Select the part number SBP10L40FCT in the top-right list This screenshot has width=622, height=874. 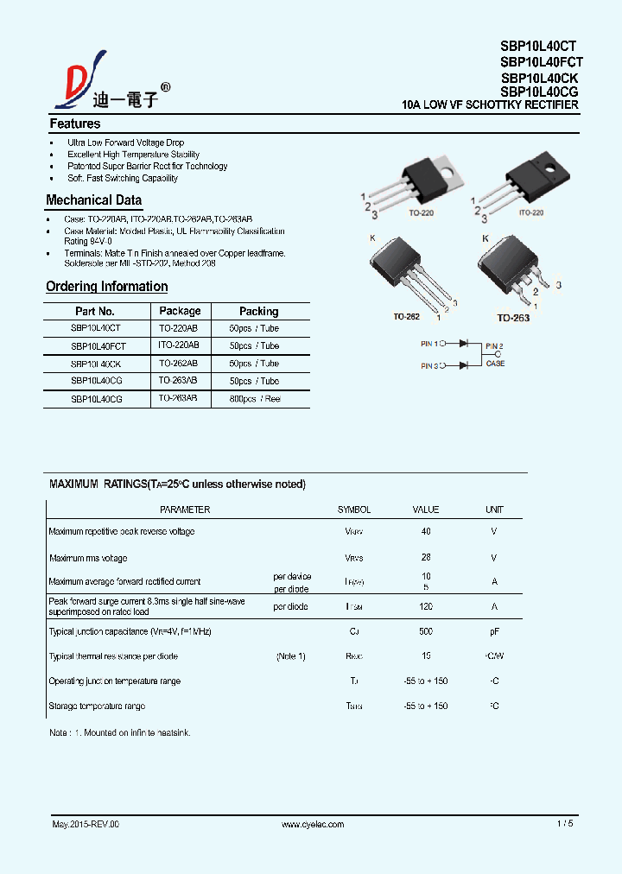[541, 61]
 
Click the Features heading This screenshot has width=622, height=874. [74, 123]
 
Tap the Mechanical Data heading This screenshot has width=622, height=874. [93, 200]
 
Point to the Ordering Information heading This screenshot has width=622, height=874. [106, 287]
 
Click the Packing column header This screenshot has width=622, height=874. [258, 311]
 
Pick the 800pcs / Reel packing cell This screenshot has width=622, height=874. [255, 399]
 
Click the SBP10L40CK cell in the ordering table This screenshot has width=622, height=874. [96, 364]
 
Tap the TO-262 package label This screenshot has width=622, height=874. [406, 317]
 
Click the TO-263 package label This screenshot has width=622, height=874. [512, 318]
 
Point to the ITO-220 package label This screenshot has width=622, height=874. [530, 212]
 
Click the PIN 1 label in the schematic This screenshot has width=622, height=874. [429, 344]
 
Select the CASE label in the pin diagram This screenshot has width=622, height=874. [495, 364]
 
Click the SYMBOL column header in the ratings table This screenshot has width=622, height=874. [354, 510]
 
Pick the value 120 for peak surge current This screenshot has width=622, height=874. [426, 607]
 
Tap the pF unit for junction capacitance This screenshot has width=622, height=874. [494, 632]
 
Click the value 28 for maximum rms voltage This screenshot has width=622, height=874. [426, 558]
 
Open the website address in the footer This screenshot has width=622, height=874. [313, 824]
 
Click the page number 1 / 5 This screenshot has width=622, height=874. [565, 824]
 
